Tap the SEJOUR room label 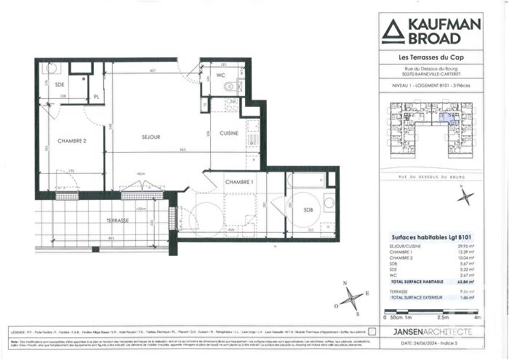coord(151,137)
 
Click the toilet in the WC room coord(230,88)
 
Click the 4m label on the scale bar coord(477,319)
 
